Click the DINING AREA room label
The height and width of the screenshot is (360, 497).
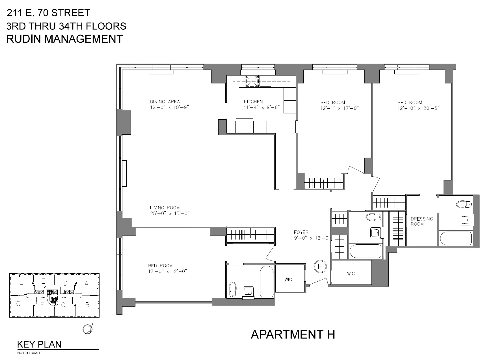coord(165,102)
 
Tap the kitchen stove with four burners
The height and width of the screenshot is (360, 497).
coord(290,94)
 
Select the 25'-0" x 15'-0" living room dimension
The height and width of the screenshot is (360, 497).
coord(170,213)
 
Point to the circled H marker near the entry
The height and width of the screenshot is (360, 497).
coord(320,266)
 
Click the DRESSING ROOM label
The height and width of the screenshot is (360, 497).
coord(422,221)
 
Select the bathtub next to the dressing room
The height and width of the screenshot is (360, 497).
coord(455,238)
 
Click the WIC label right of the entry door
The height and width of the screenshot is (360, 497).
coord(351,273)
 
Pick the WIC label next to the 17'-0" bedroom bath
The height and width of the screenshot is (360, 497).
coord(288,279)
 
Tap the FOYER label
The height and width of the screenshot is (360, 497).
coord(301,232)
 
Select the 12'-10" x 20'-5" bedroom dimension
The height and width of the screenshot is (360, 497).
coord(418,108)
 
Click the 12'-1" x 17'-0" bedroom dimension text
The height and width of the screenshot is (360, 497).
coord(339,108)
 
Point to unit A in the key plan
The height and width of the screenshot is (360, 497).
coord(87,284)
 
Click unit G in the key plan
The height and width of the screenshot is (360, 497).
coord(18,304)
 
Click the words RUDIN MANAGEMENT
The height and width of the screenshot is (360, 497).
coord(64,39)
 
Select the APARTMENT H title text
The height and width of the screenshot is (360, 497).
coord(293,334)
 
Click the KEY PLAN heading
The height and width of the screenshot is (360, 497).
coord(39,344)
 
